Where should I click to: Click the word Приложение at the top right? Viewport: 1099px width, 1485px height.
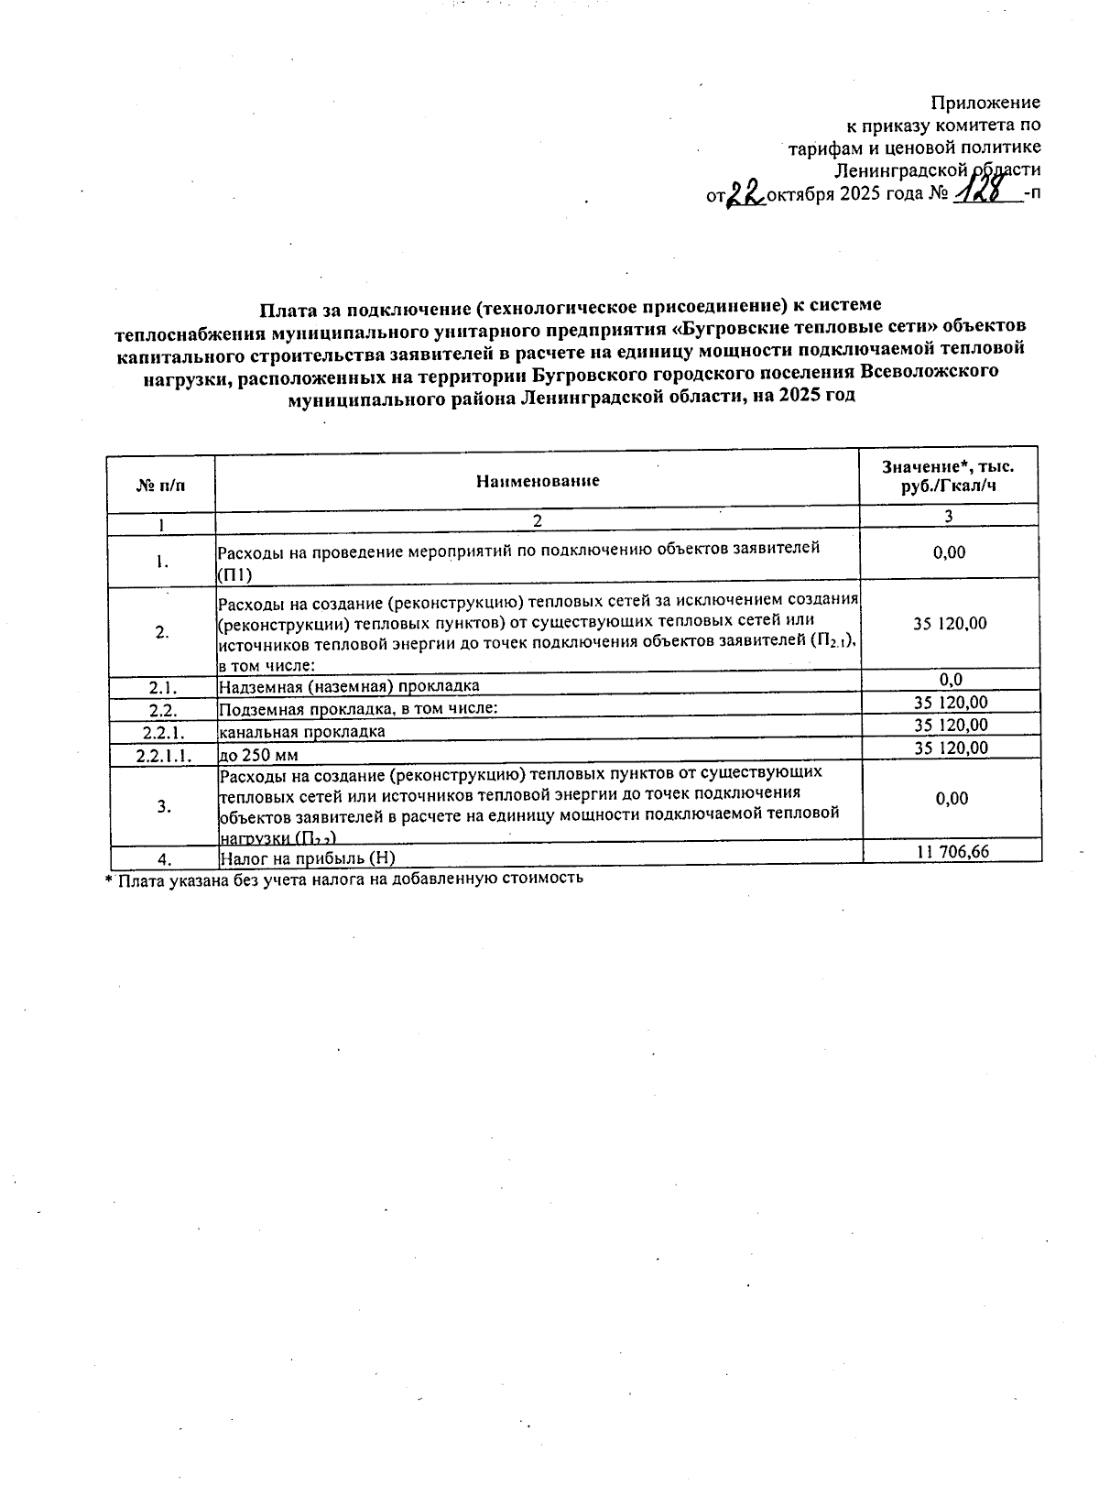[985, 103]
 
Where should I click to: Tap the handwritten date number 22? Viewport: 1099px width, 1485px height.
[745, 194]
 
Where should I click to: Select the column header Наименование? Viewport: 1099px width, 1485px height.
[538, 481]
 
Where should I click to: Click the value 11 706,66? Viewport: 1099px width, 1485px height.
[952, 852]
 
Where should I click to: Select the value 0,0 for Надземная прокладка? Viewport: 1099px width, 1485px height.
[951, 680]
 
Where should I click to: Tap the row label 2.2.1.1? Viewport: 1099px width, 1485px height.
[162, 756]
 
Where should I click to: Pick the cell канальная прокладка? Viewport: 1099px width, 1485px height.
[301, 732]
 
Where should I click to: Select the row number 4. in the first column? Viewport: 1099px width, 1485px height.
[165, 858]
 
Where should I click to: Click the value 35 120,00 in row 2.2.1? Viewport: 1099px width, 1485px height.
[951, 725]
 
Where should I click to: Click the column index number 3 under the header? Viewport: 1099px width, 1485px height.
[949, 517]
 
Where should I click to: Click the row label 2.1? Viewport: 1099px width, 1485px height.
[162, 686]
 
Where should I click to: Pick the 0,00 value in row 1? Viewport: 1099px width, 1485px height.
[951, 552]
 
